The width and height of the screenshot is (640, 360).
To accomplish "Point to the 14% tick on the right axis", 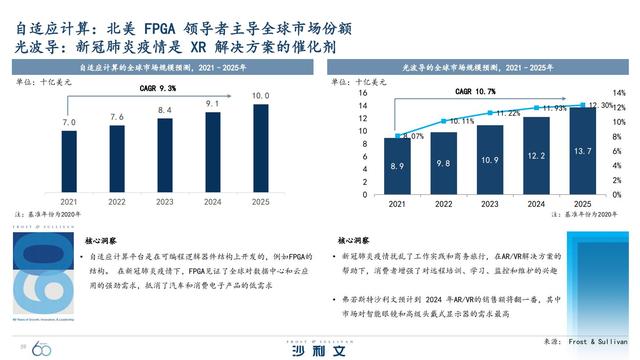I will point(618,93).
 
